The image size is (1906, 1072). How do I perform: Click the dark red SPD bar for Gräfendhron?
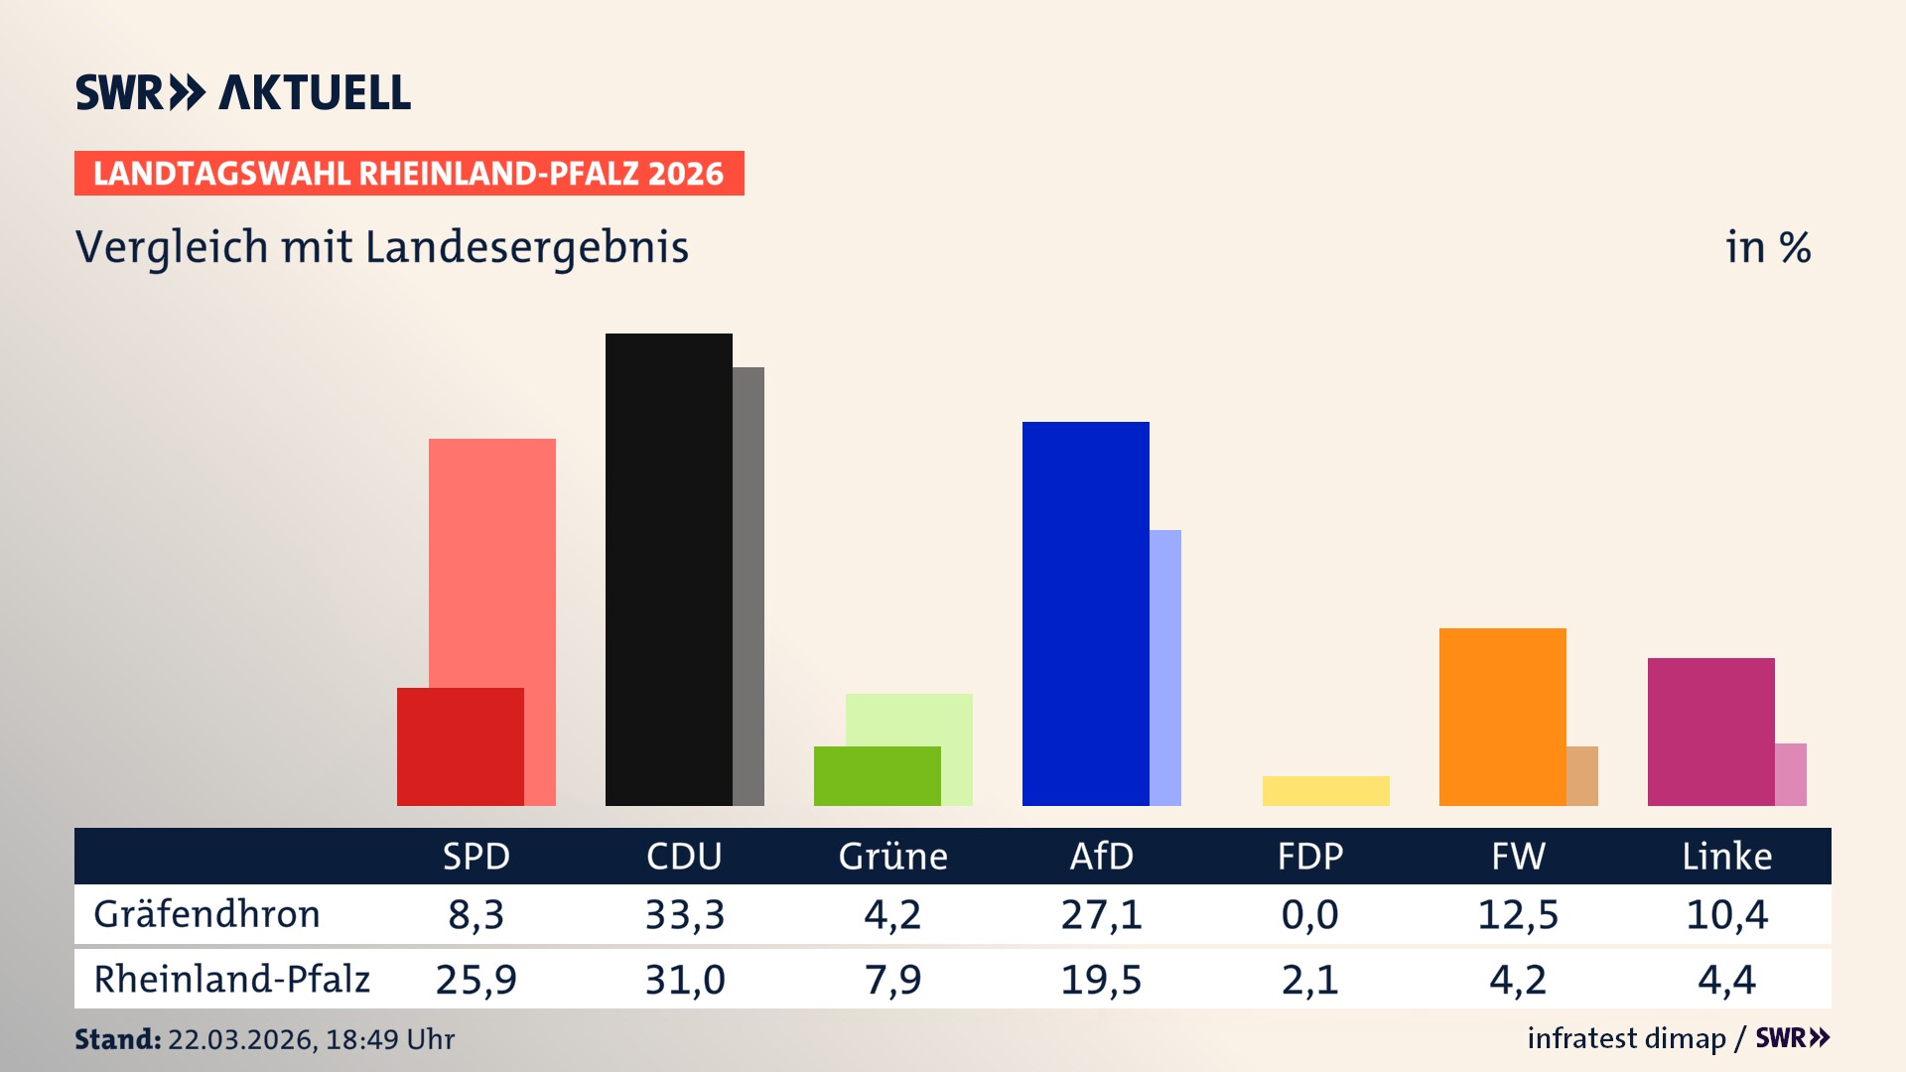(x=461, y=746)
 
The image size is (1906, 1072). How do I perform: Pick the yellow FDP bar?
(x=1325, y=791)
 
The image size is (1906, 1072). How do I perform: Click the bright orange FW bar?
(x=1502, y=717)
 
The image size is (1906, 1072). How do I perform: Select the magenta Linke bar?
(x=1710, y=732)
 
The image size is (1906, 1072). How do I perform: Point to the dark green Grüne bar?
(x=877, y=776)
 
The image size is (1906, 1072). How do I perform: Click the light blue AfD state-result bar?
(x=1165, y=667)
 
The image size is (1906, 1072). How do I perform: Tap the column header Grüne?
(x=892, y=857)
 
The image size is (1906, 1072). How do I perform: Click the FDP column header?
(x=1309, y=857)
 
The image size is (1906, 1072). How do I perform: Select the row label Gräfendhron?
(x=206, y=914)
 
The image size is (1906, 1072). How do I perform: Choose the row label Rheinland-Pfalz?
(x=231, y=980)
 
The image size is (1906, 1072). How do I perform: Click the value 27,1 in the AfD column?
(x=1101, y=914)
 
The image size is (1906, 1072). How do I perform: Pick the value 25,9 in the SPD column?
(x=476, y=980)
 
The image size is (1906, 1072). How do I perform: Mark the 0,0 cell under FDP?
(x=1309, y=914)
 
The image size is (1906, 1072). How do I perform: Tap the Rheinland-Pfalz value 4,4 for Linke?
(x=1726, y=980)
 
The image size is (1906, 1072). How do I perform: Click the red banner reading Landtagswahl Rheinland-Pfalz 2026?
(x=409, y=174)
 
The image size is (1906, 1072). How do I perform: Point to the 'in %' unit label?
(x=1768, y=247)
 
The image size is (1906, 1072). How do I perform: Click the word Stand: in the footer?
(x=117, y=1039)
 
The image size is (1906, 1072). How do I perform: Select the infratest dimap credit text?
(x=1626, y=1038)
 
